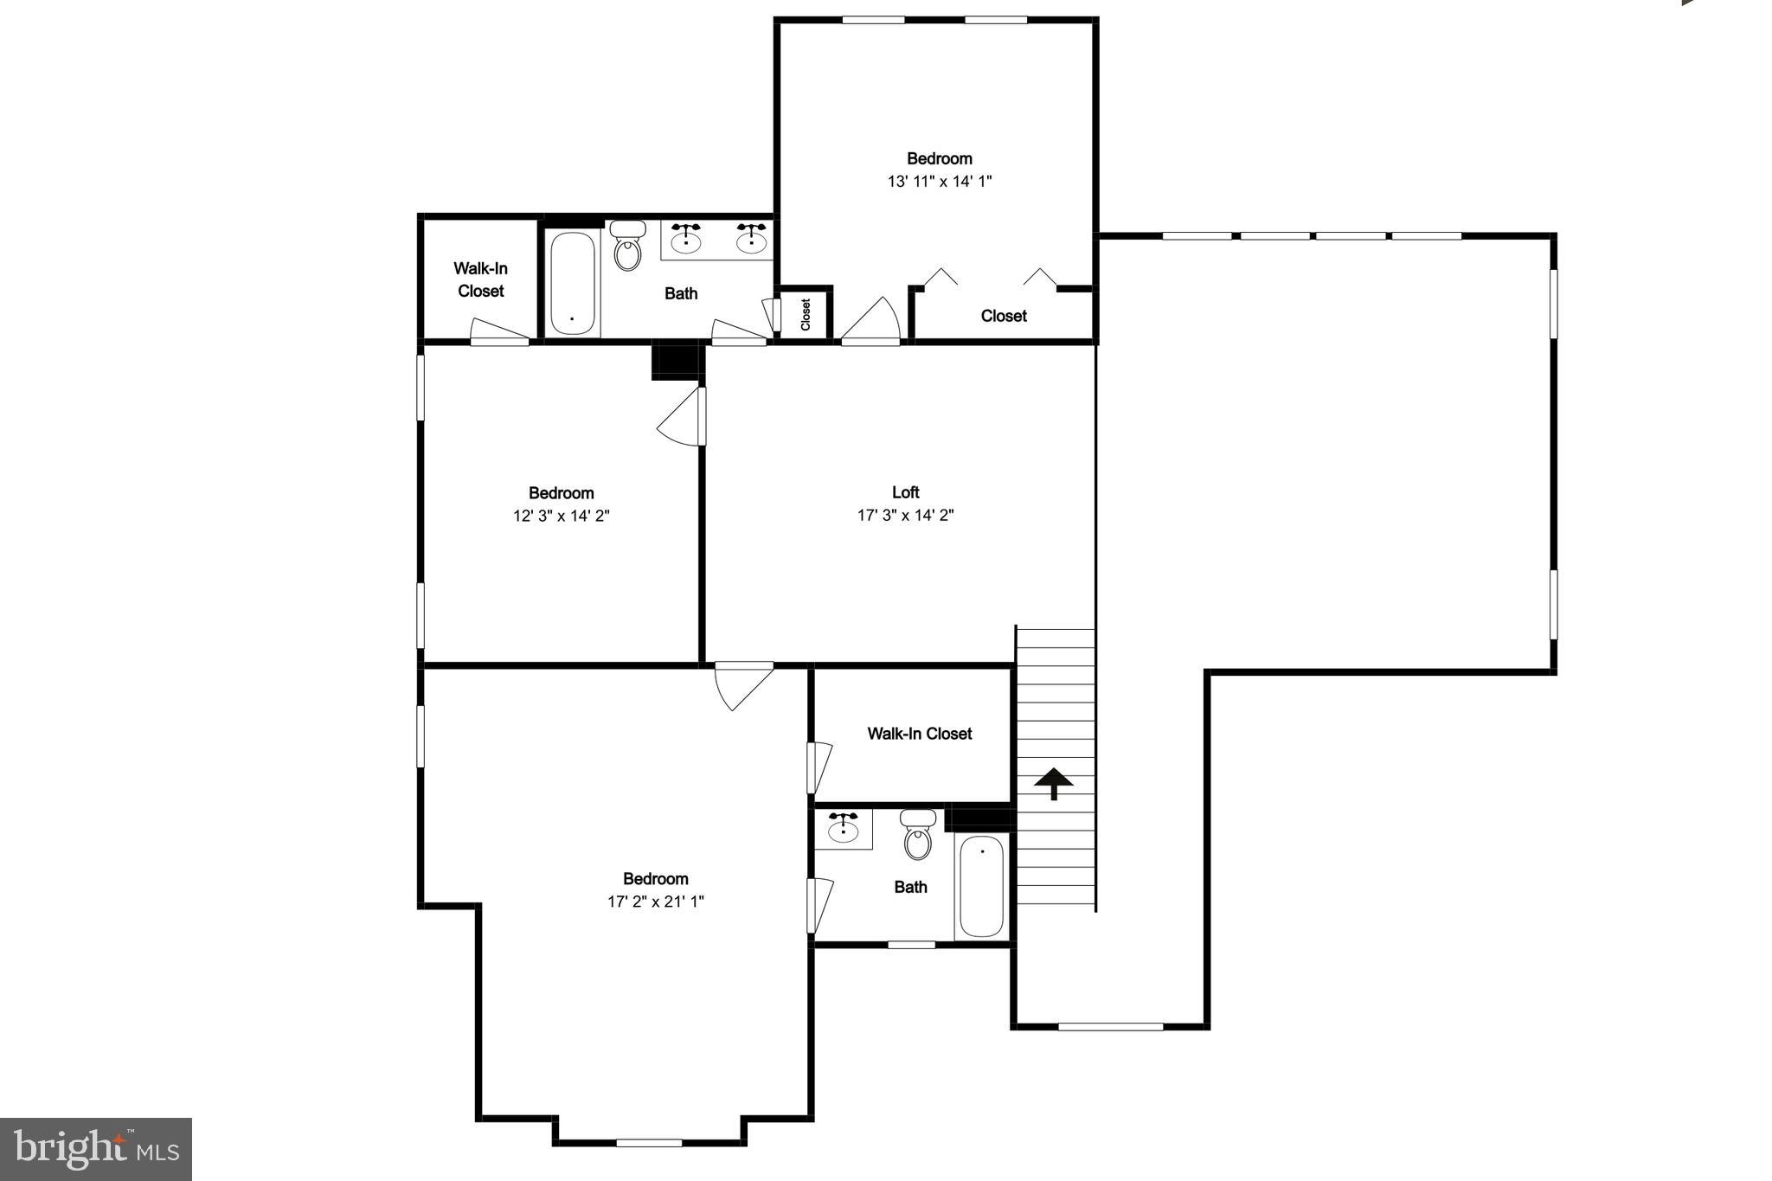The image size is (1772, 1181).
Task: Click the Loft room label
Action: (905, 492)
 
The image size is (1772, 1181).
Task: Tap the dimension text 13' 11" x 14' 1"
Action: (939, 181)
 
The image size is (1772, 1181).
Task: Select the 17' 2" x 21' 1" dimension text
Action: (655, 902)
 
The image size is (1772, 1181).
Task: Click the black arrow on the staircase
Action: (1054, 782)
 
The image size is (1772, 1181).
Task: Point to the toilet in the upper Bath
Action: (627, 246)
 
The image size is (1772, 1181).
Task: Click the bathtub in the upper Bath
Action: (572, 283)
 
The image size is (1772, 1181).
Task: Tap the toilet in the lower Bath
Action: (917, 834)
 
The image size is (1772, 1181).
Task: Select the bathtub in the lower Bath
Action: (981, 885)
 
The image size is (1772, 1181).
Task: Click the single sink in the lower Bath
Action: (843, 829)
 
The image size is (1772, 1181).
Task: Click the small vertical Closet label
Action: (806, 314)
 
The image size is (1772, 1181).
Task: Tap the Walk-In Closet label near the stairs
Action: (919, 734)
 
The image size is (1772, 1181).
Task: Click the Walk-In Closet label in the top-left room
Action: (480, 279)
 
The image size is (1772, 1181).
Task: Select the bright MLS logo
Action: (95, 1148)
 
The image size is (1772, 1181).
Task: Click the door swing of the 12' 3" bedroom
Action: (680, 419)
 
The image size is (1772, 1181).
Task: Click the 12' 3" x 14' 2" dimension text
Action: (561, 516)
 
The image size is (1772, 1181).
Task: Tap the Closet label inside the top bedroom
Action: (1004, 316)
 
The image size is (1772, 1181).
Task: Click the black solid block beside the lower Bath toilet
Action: (979, 817)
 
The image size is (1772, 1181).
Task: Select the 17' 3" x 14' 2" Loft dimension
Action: (905, 516)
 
